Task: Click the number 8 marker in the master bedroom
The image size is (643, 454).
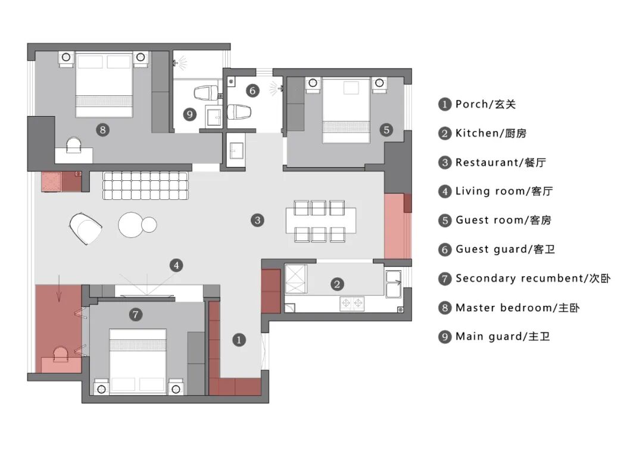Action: click(103, 129)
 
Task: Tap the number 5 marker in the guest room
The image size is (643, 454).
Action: click(386, 129)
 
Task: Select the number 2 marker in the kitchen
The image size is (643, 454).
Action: click(338, 284)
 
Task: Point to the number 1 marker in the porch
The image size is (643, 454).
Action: click(239, 340)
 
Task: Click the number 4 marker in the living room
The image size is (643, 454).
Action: click(176, 265)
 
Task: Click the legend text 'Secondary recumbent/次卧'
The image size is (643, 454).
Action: click(533, 278)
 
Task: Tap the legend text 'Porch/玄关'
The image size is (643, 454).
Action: click(485, 104)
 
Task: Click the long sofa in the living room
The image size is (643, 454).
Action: click(146, 185)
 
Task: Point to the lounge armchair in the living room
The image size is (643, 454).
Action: click(87, 228)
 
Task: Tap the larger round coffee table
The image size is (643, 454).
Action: click(131, 224)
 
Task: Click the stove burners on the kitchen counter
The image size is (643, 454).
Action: click(351, 304)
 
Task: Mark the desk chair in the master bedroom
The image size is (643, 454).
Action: click(74, 145)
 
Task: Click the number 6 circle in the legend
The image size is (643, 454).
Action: click(445, 250)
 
